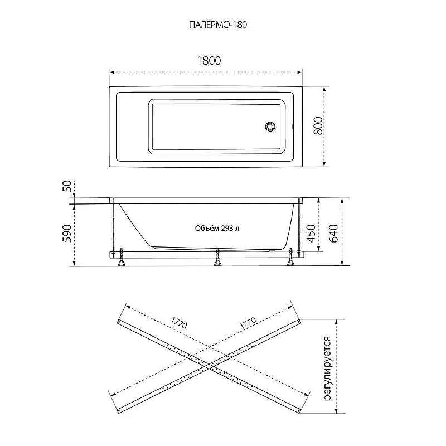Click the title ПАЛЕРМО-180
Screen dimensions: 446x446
[x=218, y=25]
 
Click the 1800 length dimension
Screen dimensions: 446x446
[x=209, y=61]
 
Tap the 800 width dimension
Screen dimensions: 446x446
[x=318, y=125]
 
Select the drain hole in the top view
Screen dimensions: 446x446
[x=270, y=127]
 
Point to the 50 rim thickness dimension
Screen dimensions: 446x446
[x=67, y=186]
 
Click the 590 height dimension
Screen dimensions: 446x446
[x=67, y=233]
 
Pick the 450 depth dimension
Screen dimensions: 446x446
[x=311, y=233]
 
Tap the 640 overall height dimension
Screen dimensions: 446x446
[x=333, y=233]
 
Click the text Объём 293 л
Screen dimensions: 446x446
[x=217, y=229]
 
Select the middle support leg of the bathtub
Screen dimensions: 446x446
[x=217, y=258]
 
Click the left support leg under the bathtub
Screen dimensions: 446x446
[x=122, y=258]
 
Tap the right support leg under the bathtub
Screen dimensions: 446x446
[x=290, y=258]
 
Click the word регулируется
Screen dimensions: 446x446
[x=328, y=369]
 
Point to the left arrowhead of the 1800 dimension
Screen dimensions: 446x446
[x=111, y=72]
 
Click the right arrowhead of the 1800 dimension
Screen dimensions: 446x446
[x=300, y=72]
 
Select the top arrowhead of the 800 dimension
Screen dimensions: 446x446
[x=324, y=89]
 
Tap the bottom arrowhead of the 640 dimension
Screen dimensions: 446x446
[x=342, y=263]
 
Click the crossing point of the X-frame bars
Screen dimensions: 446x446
[x=210, y=366]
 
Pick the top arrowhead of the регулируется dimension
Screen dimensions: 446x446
[x=337, y=322]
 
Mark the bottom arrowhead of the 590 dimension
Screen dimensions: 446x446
[x=74, y=263]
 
